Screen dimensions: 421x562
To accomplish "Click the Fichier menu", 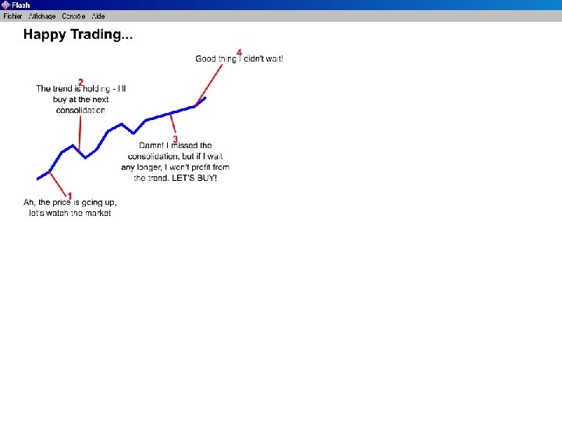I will pyautogui.click(x=12, y=16).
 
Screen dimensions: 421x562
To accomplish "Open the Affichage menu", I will pyautogui.click(x=42, y=16).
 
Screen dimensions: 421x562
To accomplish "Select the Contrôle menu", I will pyautogui.click(x=73, y=16).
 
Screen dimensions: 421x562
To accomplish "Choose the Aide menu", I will pyautogui.click(x=98, y=16).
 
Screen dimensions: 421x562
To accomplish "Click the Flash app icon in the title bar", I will pyautogui.click(x=5, y=5).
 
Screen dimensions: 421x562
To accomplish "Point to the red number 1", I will pyautogui.click(x=69, y=196).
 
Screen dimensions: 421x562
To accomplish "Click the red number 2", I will pyautogui.click(x=80, y=82).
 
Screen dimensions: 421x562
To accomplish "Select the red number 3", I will pyautogui.click(x=175, y=139).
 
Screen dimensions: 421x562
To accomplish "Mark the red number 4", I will pyautogui.click(x=239, y=52).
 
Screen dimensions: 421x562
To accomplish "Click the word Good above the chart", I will pyautogui.click(x=205, y=59).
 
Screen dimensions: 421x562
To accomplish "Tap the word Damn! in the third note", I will pyautogui.click(x=151, y=146).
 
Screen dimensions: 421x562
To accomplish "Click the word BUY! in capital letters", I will pyautogui.click(x=205, y=179).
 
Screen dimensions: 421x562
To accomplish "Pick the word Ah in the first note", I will pyautogui.click(x=29, y=203).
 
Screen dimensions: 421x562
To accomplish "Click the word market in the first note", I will pyautogui.click(x=98, y=214).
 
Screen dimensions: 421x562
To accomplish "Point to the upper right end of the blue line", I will pyautogui.click(x=205, y=98).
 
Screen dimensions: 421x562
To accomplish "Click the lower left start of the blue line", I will pyautogui.click(x=38, y=179).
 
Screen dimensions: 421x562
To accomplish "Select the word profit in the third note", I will pyautogui.click(x=198, y=168).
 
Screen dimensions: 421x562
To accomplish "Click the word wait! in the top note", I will pyautogui.click(x=274, y=59).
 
